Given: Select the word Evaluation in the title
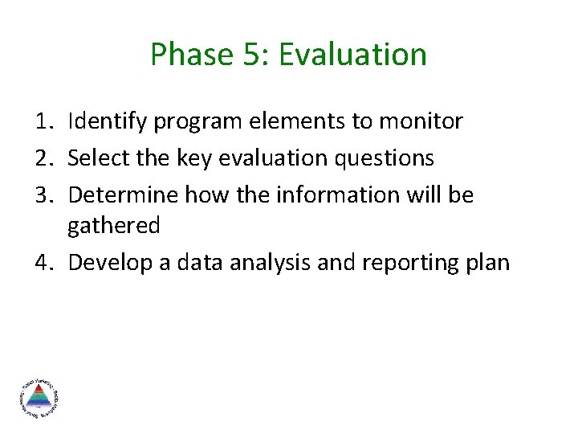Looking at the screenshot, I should pyautogui.click(x=354, y=55).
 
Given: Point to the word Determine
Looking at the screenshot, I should pyautogui.click(x=124, y=195).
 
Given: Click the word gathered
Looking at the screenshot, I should pyautogui.click(x=113, y=227).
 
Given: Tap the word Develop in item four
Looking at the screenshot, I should pyautogui.click(x=107, y=263).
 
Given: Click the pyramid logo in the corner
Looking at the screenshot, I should pyautogui.click(x=38, y=398).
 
